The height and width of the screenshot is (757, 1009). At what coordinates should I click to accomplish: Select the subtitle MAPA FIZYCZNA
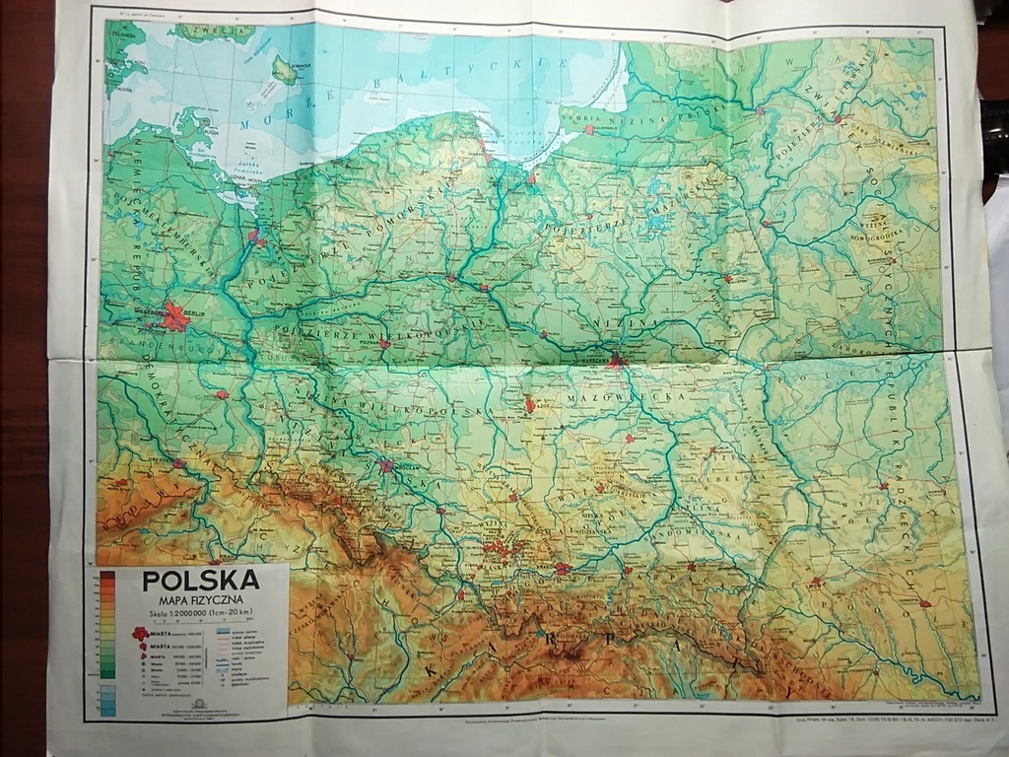(x=201, y=597)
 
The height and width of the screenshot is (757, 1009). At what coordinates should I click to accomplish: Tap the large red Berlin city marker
(x=174, y=316)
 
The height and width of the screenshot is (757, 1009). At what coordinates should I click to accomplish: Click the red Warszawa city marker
(x=617, y=360)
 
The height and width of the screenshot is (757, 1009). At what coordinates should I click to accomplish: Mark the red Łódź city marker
(x=530, y=404)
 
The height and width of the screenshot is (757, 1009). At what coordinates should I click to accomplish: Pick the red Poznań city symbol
(x=385, y=345)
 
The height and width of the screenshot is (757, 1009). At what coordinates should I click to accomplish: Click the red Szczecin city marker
(x=254, y=237)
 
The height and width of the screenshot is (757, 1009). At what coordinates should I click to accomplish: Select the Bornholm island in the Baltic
(x=285, y=70)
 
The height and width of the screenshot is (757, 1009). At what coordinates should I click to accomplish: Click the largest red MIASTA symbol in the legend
(x=141, y=633)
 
